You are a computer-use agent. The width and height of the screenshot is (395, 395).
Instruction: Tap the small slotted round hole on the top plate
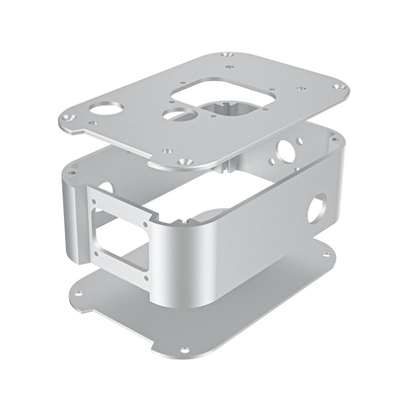pyautogui.click(x=174, y=115)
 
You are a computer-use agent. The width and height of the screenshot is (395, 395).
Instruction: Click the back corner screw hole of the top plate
pyautogui.click(x=229, y=54)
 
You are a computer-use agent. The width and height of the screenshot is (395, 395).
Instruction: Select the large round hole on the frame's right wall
pyautogui.click(x=318, y=207)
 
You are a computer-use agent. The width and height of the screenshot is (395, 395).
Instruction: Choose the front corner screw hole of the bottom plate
pyautogui.click(x=185, y=348)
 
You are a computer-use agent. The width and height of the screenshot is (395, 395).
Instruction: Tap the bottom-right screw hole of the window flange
pyautogui.click(x=147, y=277)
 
